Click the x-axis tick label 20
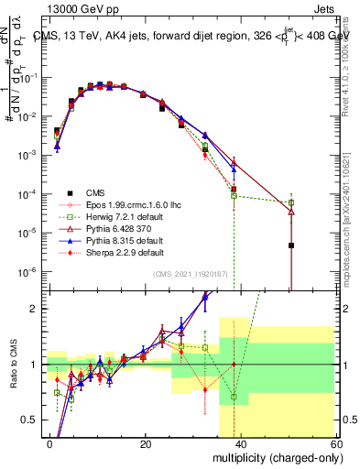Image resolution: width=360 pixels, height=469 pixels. pos(145,443)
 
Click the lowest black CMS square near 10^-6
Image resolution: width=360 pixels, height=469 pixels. pos(290,245)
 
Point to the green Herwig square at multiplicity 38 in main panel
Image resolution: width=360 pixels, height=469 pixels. pos(234,195)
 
